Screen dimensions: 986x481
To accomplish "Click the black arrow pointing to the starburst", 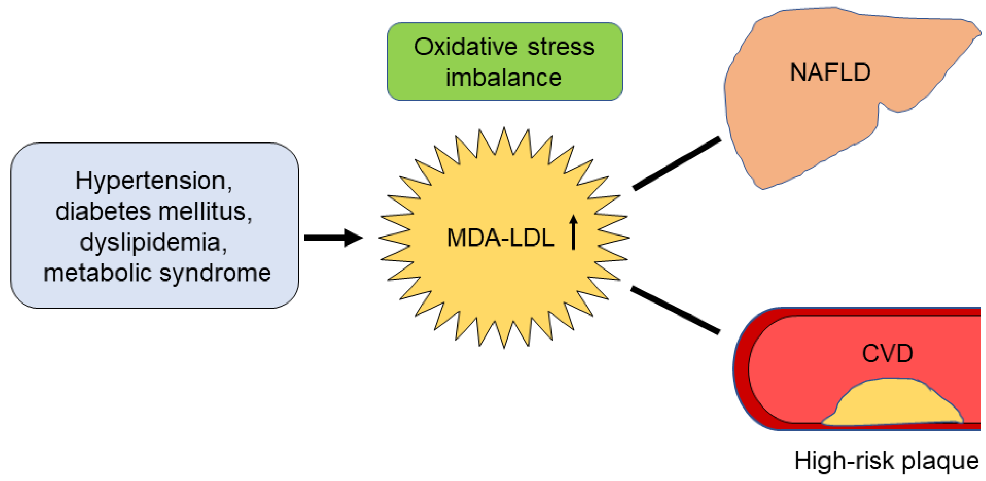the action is (x=333, y=238).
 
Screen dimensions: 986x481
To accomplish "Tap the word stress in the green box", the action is (x=561, y=47).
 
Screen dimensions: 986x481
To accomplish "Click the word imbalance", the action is (x=504, y=77).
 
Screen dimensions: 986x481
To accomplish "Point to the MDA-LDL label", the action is (x=501, y=238).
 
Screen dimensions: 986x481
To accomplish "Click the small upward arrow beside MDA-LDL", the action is (x=573, y=232).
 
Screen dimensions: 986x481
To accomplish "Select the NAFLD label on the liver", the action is (x=831, y=72).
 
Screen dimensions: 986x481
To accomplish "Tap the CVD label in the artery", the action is (x=887, y=353).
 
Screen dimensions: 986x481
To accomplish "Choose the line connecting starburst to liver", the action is (x=677, y=163).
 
